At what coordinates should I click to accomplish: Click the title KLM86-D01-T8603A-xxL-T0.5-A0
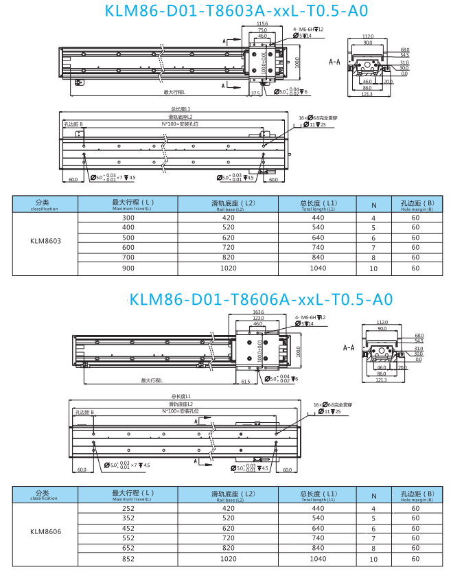click(x=236, y=11)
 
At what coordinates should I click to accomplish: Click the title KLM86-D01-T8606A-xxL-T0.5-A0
click(x=261, y=299)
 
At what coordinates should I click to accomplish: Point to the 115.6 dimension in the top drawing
click(x=262, y=24)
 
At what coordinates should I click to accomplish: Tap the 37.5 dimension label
click(x=255, y=92)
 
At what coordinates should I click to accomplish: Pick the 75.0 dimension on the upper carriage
click(x=262, y=30)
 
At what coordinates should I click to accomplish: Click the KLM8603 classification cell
click(x=45, y=242)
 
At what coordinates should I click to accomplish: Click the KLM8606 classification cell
click(x=45, y=531)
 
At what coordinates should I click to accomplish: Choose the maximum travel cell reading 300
click(x=128, y=217)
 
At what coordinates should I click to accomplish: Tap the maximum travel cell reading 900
click(x=128, y=268)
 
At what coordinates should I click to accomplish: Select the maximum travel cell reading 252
click(x=128, y=508)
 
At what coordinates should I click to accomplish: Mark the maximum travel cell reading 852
click(x=128, y=559)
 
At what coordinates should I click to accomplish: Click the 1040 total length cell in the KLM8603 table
click(x=318, y=268)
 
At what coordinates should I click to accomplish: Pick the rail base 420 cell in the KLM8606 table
click(x=228, y=508)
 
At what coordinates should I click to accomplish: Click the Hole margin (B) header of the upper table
click(x=415, y=204)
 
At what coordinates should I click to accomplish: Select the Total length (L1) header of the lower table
click(x=318, y=495)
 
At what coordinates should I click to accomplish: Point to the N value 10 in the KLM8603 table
click(x=373, y=269)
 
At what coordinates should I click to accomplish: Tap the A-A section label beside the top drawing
click(x=335, y=62)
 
